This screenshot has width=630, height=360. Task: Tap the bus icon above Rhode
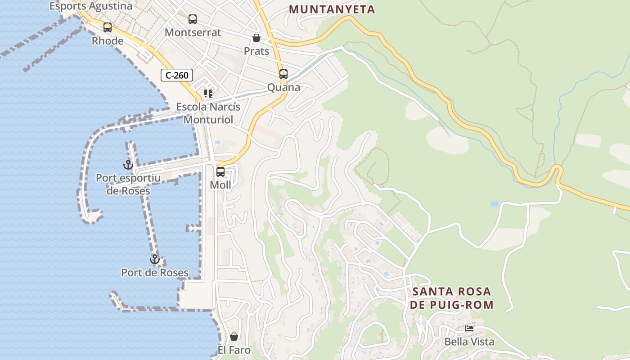pos(108,27)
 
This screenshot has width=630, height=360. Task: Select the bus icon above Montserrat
pos(193,19)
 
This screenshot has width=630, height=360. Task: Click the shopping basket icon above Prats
pos(256,38)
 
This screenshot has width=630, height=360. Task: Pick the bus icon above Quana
pos(283,74)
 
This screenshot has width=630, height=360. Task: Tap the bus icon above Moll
pos(220,172)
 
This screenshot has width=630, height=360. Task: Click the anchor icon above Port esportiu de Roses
pos(128,165)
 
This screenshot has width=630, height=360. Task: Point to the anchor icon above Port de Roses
pos(155,259)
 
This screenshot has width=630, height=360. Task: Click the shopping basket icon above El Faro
pos(234,337)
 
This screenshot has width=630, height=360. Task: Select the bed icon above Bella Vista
pos(469,328)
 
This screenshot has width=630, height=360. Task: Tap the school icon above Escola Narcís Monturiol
pos(208,94)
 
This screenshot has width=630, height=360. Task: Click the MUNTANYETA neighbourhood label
pos(332,9)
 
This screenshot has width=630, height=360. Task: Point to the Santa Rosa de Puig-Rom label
pos(453,298)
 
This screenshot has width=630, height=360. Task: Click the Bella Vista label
pos(469,342)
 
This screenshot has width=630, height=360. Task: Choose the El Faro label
pos(234,350)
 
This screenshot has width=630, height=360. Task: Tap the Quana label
pos(283,87)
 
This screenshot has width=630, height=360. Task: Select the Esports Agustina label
pos(91,6)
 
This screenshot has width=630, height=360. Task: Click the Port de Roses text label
pos(155,272)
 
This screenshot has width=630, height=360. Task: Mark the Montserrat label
pos(193,32)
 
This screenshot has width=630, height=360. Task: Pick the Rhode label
pos(108,41)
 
